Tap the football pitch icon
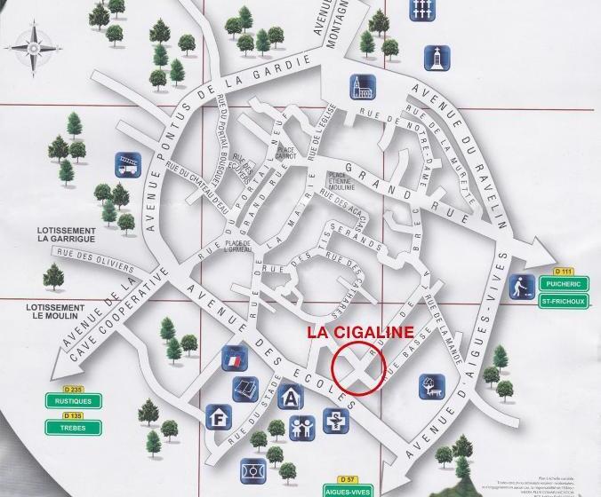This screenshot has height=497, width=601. [249, 468]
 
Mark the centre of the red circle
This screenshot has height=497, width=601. [357, 366]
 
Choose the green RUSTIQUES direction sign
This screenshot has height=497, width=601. [68, 401]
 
